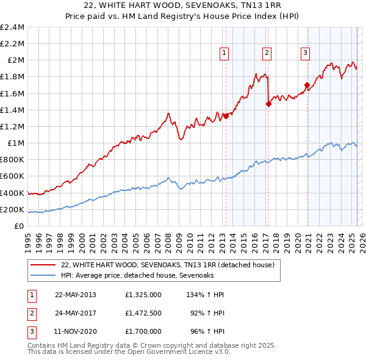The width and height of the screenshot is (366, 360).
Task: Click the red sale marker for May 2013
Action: pos(226,116)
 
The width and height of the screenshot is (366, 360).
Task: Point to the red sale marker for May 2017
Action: pos(268,104)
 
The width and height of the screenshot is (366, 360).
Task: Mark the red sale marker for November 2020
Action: pos(307,85)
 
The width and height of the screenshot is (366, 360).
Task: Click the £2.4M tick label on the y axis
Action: pos(12,27)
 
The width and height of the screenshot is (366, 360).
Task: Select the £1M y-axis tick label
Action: pos(15,143)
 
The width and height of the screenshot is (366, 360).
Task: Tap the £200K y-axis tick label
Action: pos(12,210)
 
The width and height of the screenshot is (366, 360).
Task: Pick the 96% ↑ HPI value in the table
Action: pos(209,332)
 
